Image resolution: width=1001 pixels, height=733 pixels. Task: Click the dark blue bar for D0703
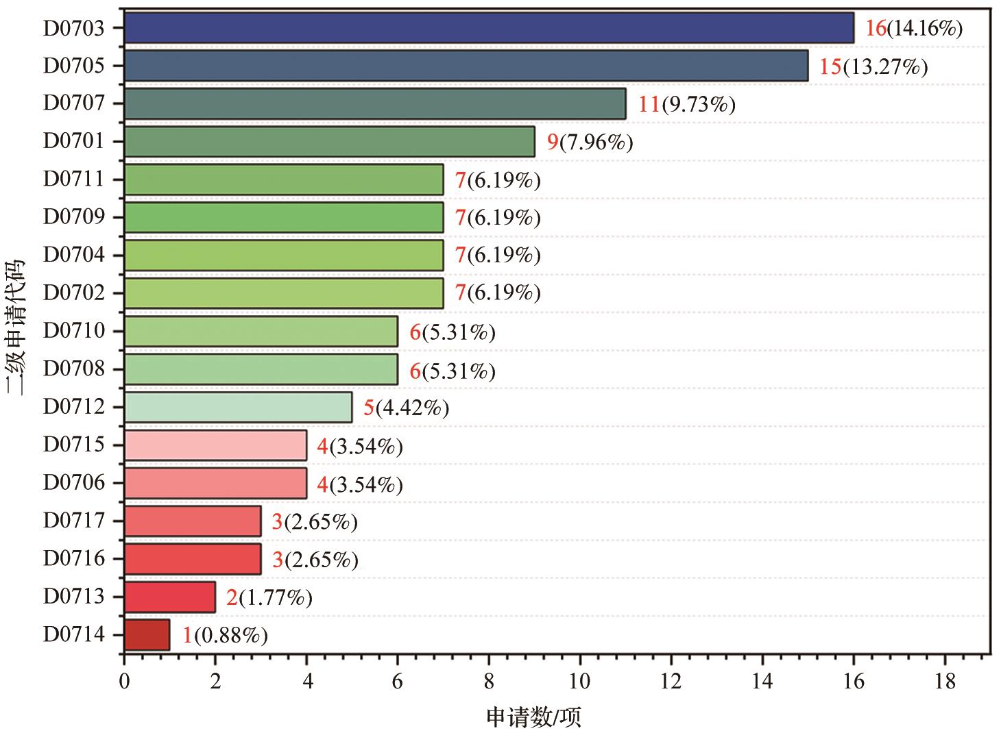pos(488,28)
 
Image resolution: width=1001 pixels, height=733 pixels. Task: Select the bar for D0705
pos(466,66)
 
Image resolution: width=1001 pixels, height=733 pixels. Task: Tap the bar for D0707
pos(374,103)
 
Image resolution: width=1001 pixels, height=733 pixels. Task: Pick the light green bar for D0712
pos(238,408)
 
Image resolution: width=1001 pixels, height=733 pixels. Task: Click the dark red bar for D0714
pos(147,635)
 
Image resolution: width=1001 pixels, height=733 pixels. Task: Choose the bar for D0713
pos(169,597)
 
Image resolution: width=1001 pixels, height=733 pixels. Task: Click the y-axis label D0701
pos(74,141)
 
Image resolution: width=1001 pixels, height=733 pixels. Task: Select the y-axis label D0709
pos(74,217)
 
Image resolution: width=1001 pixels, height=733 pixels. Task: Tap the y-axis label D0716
pos(74,559)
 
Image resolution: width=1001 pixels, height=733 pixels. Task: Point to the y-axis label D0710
pos(74,331)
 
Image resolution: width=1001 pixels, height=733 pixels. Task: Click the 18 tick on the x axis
pos(945,682)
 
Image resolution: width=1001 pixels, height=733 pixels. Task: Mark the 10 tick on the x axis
pos(580,682)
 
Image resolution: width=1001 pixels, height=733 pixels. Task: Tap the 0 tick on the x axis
pos(124,682)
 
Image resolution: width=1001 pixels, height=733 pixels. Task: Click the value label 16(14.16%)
pos(914,29)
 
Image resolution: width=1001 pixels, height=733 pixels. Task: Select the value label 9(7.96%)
pos(590,142)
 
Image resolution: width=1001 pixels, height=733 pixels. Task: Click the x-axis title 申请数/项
pos(534,717)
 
